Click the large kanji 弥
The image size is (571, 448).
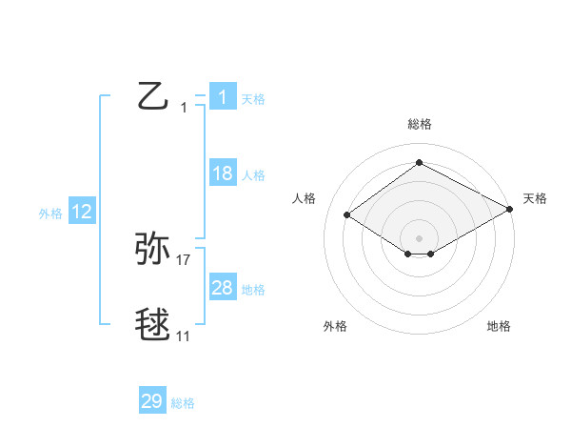[153, 250]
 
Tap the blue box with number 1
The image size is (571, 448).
[223, 96]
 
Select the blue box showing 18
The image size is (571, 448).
[223, 173]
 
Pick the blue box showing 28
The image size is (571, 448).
[223, 288]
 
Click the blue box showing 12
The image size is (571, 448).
[82, 213]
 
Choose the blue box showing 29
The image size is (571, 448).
[152, 401]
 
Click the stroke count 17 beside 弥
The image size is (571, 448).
[184, 259]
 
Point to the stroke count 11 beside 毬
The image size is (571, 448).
[184, 336]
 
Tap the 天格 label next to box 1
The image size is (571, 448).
[252, 98]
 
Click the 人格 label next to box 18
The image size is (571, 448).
[253, 175]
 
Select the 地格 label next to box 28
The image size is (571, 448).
[253, 290]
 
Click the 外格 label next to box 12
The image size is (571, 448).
[50, 214]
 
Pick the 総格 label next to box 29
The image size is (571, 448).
[183, 403]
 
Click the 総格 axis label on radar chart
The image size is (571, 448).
[419, 124]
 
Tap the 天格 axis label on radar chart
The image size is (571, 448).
[535, 198]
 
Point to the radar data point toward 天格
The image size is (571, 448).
[509, 209]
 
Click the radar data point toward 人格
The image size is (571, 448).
[347, 215]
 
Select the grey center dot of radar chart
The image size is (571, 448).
[419, 236]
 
